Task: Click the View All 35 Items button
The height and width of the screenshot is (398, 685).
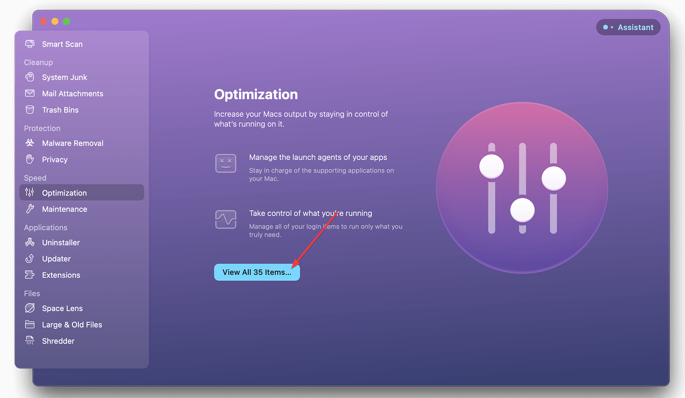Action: pos(256,272)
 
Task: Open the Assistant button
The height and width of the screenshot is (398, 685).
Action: pos(628,27)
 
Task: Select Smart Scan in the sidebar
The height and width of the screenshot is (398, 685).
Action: pos(62,44)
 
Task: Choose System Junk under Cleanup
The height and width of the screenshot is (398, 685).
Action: pos(64,77)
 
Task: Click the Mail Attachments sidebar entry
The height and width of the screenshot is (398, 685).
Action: pos(72,94)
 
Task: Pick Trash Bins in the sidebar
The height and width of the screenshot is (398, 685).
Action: pos(60,110)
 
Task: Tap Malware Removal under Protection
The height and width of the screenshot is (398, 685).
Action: pos(72,143)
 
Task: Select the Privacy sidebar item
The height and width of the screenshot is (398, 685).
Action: pos(55,160)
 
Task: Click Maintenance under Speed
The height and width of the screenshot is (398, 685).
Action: pos(64,209)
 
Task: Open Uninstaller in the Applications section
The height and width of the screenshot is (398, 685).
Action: pos(61,243)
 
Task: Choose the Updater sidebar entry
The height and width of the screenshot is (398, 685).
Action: pos(56,259)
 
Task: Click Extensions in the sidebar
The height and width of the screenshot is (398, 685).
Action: pos(61,275)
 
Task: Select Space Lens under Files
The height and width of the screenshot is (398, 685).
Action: pos(62,308)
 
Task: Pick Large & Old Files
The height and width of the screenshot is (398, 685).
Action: pos(72,325)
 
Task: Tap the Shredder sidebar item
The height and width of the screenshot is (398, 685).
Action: pos(58,341)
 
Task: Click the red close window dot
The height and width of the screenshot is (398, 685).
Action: pos(43,21)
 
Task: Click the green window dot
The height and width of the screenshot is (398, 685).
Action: pos(67,21)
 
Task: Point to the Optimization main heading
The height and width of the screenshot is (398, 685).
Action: pos(256,95)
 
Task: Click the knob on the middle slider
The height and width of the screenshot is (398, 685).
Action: pos(522,210)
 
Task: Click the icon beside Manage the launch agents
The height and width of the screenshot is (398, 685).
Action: pos(225,163)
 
